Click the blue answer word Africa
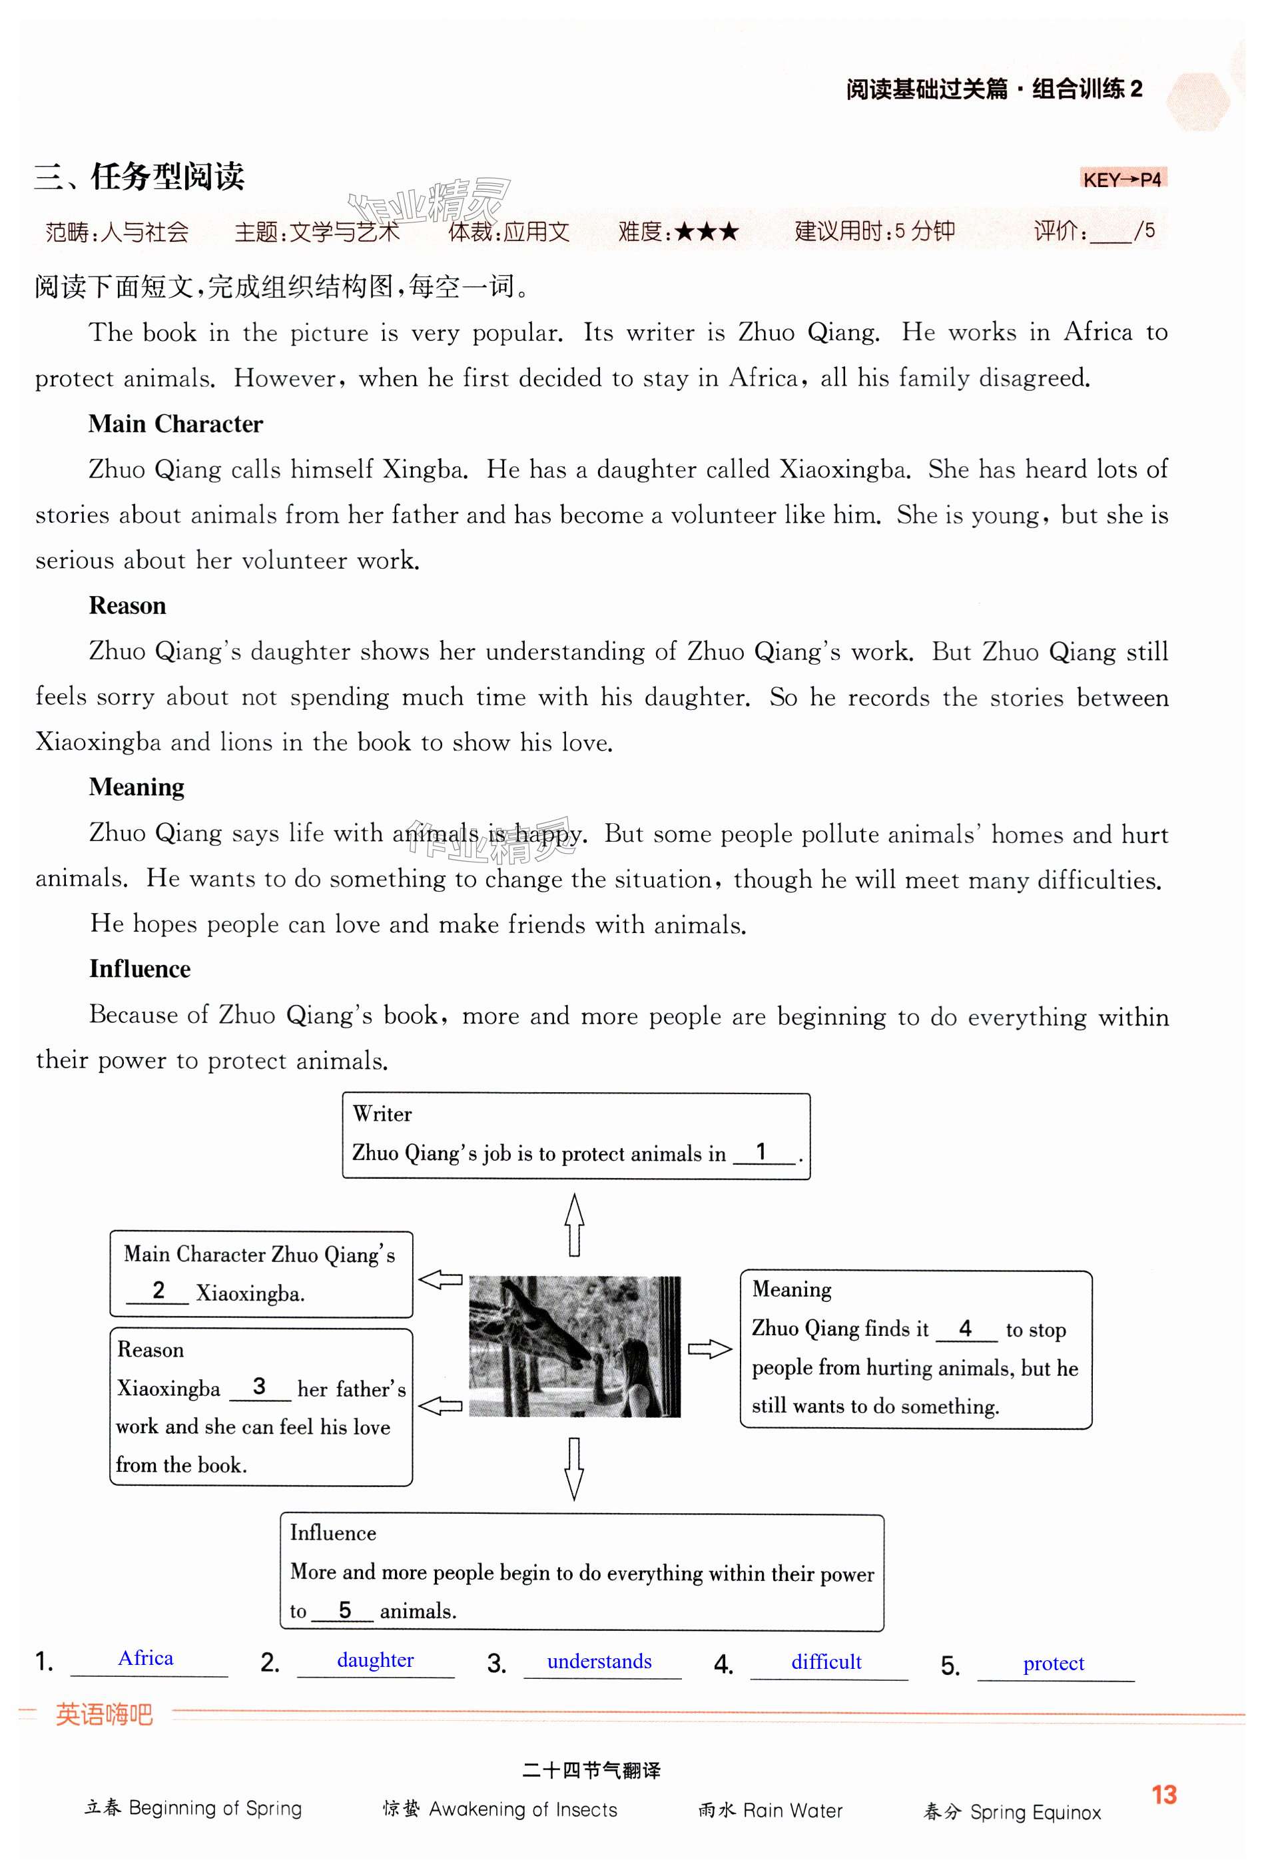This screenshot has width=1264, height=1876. coord(146,1658)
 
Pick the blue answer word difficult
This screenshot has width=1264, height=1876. coord(826,1662)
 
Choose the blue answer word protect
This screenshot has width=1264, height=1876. coord(1054,1663)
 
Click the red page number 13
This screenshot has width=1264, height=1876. coord(1164,1795)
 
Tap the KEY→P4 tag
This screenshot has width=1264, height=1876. coord(1122,179)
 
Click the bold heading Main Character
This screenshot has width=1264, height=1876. coord(176,424)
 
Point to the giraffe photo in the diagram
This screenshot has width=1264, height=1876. coord(574,1347)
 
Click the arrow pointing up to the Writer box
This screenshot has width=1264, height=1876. coord(574,1225)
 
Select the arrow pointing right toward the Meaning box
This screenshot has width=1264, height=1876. coord(709,1349)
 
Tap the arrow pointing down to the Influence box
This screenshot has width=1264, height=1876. coord(574,1468)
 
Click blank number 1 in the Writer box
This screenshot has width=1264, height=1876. coord(762,1152)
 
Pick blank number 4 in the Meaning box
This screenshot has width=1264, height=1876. coord(965,1328)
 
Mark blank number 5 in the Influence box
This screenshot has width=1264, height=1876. coord(344,1610)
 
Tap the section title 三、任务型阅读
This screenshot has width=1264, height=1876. coord(139,176)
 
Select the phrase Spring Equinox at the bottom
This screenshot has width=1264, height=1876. coord(1035,1812)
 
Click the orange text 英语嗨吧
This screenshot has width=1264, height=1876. coord(104,1714)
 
